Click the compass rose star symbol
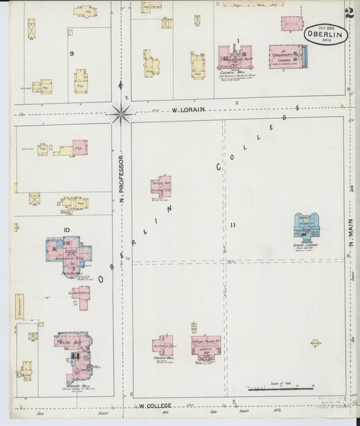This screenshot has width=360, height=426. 121,113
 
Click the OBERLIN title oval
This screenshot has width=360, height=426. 326,34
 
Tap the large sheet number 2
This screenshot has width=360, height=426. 349,12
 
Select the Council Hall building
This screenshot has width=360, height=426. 234,57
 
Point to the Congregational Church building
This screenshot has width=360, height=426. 286,57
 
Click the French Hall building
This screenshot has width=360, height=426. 162,345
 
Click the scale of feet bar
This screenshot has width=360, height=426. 280,388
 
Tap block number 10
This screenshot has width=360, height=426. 67,231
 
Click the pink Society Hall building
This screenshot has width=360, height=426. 161,186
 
